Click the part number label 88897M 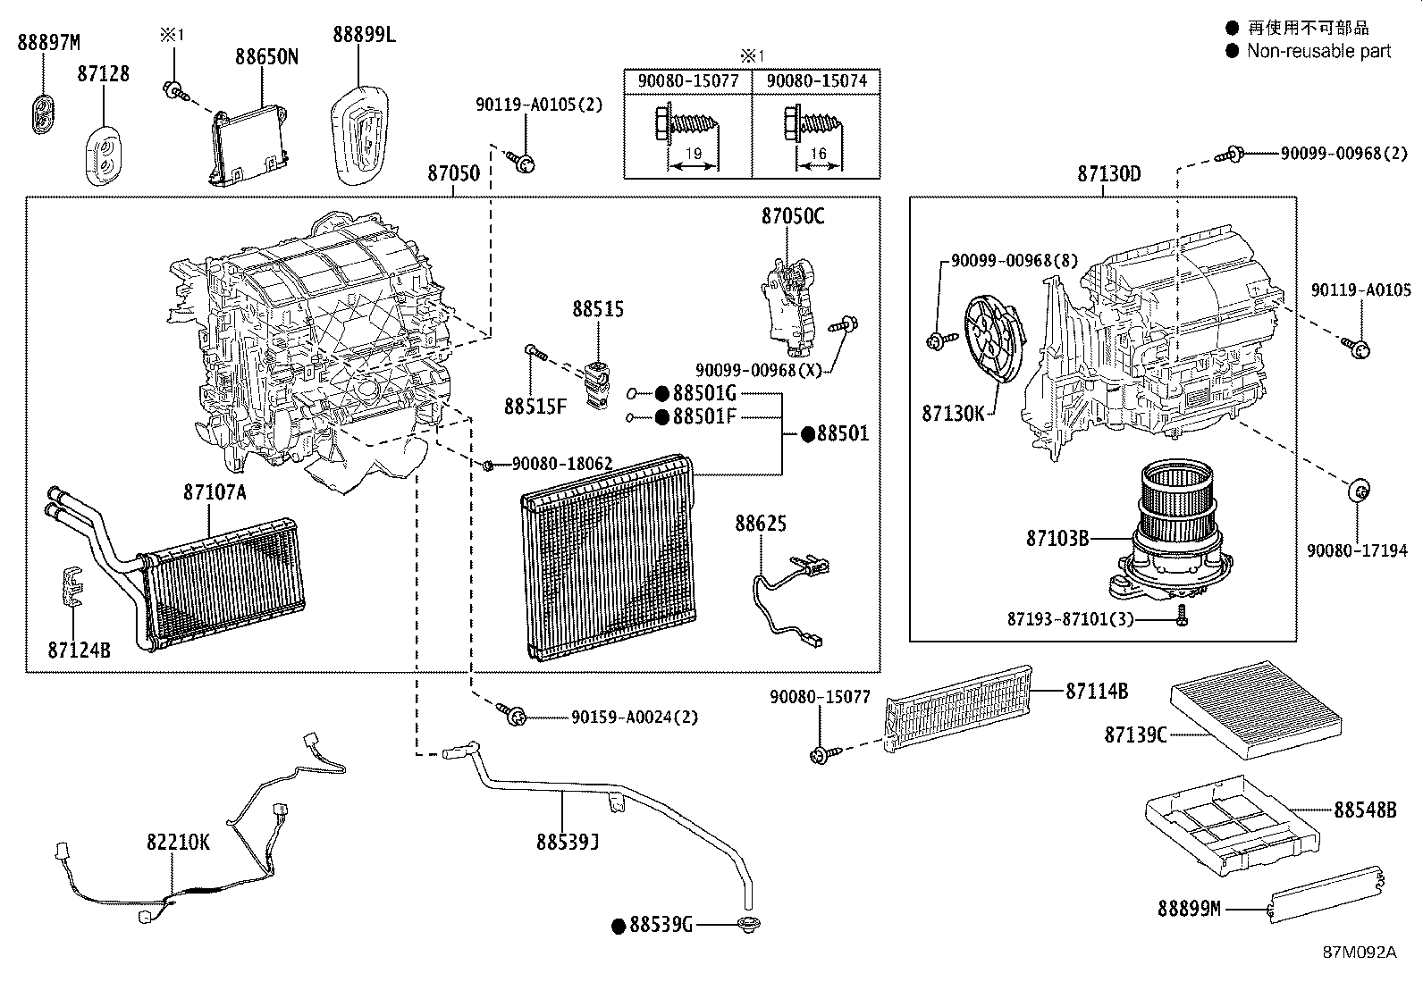(49, 43)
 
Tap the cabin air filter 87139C (1257, 709)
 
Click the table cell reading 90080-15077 (688, 81)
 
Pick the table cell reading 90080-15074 (816, 81)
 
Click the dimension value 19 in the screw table (693, 154)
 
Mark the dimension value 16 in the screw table (818, 154)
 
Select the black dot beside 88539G (619, 926)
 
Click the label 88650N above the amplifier (266, 57)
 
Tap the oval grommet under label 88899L (359, 135)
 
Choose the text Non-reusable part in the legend (1318, 51)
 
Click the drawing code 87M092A (1360, 953)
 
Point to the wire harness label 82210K (178, 843)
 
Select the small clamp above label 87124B (73, 585)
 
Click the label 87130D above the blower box (1109, 174)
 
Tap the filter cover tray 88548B (1232, 825)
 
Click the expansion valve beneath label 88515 (596, 385)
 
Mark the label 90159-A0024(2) (634, 718)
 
